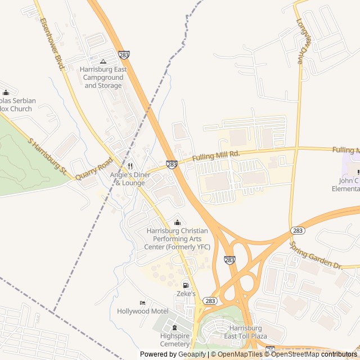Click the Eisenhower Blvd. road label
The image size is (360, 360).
tap(52, 43)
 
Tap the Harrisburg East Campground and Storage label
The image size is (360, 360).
tap(103, 78)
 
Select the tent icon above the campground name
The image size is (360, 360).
tap(103, 61)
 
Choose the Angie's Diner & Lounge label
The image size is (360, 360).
tap(130, 179)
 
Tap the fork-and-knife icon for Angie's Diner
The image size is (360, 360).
tap(130, 166)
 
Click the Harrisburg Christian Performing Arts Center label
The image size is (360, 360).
tap(177, 238)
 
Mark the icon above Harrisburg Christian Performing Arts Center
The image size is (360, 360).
tap(178, 222)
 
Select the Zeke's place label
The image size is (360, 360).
tap(186, 294)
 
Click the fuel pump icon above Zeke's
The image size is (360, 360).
tap(186, 285)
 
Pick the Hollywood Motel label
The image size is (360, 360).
tap(142, 311)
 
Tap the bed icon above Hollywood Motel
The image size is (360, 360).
tap(142, 303)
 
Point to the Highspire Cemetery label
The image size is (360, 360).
tap(174, 340)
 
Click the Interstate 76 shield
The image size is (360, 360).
tap(270, 350)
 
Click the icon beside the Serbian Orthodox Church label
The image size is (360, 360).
tap(6, 93)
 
